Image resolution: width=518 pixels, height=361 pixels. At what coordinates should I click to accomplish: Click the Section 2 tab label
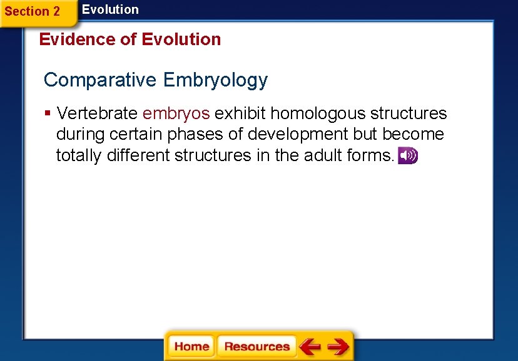pos(33,12)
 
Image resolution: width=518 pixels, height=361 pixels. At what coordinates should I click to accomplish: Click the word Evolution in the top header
pos(110,9)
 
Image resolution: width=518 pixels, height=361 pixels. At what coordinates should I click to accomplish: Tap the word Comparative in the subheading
pos(100,80)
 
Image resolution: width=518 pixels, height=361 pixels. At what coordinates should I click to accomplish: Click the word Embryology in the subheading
pos(215,80)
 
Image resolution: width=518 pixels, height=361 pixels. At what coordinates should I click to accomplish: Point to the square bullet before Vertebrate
pos(48,113)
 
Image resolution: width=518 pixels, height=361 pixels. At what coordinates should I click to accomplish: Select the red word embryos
pos(176,113)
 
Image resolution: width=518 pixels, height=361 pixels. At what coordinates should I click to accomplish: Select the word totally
pos(79,155)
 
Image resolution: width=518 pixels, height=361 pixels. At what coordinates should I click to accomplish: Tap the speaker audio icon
pos(408,156)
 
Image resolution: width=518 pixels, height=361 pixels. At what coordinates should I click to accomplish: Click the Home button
pos(191,347)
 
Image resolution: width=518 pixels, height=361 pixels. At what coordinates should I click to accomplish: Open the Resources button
pos(256,347)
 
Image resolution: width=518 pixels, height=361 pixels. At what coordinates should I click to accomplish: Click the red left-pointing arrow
pos(310,347)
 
